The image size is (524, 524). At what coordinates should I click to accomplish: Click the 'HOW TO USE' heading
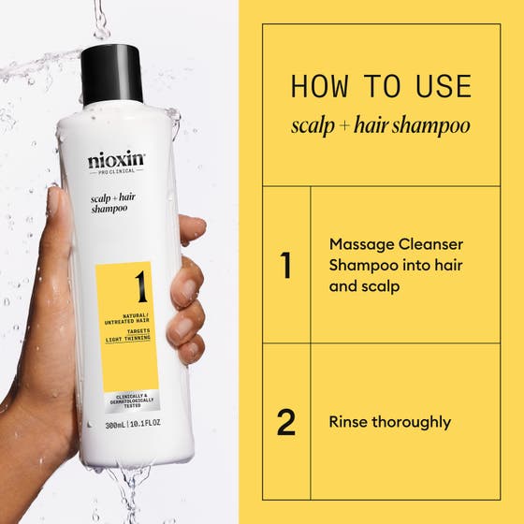pyautogui.click(x=380, y=86)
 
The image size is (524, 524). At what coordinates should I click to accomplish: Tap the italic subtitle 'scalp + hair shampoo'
pyautogui.click(x=380, y=125)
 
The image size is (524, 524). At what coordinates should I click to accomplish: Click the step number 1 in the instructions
pyautogui.click(x=286, y=265)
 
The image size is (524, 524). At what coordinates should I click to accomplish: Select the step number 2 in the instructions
pyautogui.click(x=286, y=422)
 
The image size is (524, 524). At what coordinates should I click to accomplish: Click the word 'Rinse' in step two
pyautogui.click(x=349, y=422)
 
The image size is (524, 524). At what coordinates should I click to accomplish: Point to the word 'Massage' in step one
pyautogui.click(x=360, y=244)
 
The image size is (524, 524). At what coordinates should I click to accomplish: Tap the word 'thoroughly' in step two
pyautogui.click(x=413, y=422)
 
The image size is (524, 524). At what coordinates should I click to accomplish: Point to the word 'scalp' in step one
pyautogui.click(x=380, y=285)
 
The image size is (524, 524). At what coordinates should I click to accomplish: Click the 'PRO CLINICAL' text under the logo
pyautogui.click(x=112, y=172)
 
